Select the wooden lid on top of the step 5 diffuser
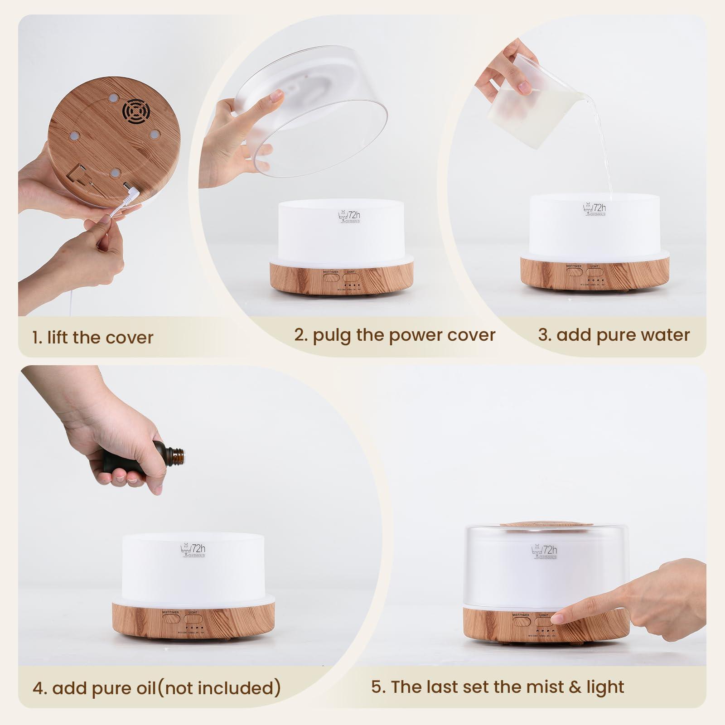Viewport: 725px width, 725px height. coord(546,524)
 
